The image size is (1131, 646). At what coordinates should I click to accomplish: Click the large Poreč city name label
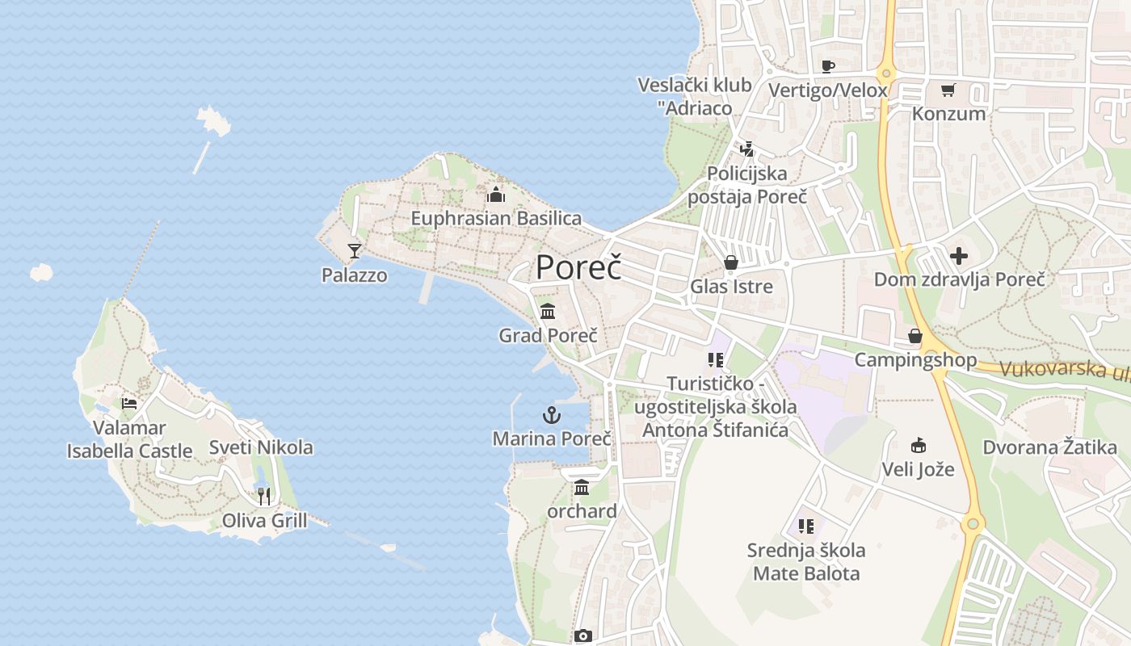point(578,267)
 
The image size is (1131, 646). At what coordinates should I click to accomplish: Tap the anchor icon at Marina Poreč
point(551,416)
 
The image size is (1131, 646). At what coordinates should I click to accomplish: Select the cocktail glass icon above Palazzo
point(354,251)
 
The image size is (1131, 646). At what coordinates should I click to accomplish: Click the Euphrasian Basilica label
point(496,218)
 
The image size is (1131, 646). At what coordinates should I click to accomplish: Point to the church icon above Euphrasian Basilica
point(496,195)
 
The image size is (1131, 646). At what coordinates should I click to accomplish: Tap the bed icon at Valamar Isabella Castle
point(129,404)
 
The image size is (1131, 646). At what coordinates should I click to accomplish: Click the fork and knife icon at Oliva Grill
point(263,496)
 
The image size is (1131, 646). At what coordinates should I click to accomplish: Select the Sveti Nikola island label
point(261,447)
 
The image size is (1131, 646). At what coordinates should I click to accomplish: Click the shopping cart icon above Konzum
point(948,90)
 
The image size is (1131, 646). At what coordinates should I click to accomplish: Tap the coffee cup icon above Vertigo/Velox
point(827,66)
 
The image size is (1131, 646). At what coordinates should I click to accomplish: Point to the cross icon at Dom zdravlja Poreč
point(959,257)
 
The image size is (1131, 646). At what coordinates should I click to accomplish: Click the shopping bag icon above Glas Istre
point(731,262)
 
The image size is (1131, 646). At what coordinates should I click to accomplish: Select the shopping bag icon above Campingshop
point(915,336)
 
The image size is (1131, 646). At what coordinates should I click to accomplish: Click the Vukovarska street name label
point(1063,371)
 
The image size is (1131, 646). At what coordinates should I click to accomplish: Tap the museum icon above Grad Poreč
point(548,311)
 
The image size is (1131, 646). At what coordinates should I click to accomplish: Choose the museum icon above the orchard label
point(582,487)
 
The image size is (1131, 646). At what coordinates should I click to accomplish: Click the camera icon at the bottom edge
point(583,636)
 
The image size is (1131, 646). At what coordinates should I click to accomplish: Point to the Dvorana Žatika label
point(1049,447)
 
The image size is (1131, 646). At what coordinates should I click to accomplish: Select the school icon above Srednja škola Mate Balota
point(805,526)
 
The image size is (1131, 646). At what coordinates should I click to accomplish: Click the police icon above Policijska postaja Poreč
point(747,149)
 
